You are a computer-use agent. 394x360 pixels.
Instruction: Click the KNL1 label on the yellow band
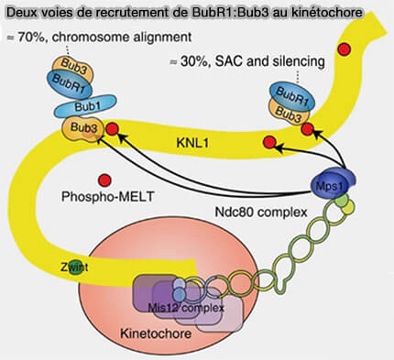point(194,143)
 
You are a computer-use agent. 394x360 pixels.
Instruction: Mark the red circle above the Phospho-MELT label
point(104,177)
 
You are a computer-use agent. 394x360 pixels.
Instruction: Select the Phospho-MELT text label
point(104,196)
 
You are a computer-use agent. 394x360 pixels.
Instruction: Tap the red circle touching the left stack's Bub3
point(112,129)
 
